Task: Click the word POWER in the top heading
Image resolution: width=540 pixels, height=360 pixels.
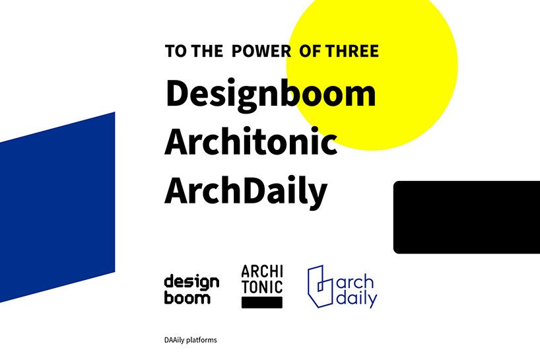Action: point(261,51)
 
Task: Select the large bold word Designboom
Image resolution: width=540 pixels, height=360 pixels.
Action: point(270,94)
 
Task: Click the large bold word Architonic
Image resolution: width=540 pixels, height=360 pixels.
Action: point(251,141)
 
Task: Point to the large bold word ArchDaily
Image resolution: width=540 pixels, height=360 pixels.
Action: point(246,190)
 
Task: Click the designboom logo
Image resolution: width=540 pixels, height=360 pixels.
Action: point(191,289)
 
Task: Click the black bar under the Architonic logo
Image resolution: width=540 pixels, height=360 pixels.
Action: point(262,303)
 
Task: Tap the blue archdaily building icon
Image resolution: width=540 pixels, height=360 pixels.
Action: point(320,287)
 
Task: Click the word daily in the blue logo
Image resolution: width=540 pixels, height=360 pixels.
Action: point(356,299)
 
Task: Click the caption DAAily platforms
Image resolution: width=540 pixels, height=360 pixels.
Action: point(190,340)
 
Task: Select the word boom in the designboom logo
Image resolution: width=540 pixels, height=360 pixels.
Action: point(187,297)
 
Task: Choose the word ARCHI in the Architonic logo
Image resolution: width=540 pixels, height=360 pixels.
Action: point(262,271)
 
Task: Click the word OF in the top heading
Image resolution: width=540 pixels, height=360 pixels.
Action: point(310,51)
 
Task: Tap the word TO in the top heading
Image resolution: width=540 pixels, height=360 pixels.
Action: point(176,51)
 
